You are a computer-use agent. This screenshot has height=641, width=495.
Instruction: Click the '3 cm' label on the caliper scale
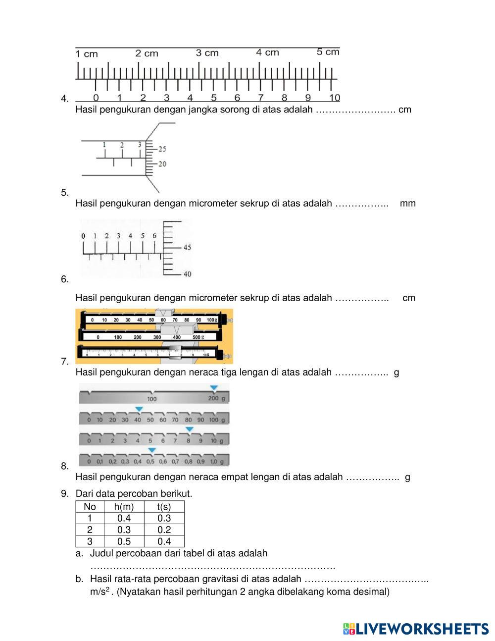[207, 53]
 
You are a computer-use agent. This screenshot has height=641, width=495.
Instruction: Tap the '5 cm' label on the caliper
[328, 52]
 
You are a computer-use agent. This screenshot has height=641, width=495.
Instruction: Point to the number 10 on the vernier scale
[335, 98]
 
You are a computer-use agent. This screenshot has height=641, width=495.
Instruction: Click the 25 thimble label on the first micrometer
[162, 149]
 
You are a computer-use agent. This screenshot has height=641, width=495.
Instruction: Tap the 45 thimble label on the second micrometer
[187, 247]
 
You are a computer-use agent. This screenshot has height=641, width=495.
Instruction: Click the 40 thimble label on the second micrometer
[187, 274]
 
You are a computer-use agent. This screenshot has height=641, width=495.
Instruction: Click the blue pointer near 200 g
[213, 388]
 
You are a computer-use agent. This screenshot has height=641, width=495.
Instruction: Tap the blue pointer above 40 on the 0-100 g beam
[139, 409]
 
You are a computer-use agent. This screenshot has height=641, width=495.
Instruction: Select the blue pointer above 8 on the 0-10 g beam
[189, 429]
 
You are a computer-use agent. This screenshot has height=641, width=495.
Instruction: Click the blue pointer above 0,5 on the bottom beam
[152, 450]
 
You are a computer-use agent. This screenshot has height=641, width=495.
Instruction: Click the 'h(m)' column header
[124, 506]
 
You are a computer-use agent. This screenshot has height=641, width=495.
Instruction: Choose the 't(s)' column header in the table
[164, 506]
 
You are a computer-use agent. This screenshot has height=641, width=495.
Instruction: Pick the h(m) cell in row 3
[124, 541]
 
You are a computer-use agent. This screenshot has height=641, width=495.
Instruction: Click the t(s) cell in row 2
[164, 530]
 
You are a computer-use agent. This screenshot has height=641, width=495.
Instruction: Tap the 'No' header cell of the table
[90, 506]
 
